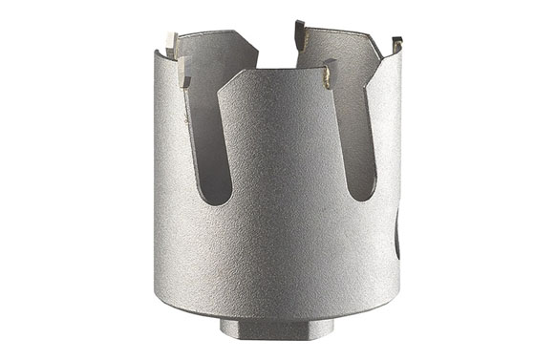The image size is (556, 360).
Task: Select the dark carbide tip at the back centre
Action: tap(299, 34)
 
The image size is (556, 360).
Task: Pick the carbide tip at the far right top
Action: tap(396, 44)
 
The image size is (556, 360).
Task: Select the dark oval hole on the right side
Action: tap(397, 235)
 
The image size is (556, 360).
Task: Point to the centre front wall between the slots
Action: tap(287, 191)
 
